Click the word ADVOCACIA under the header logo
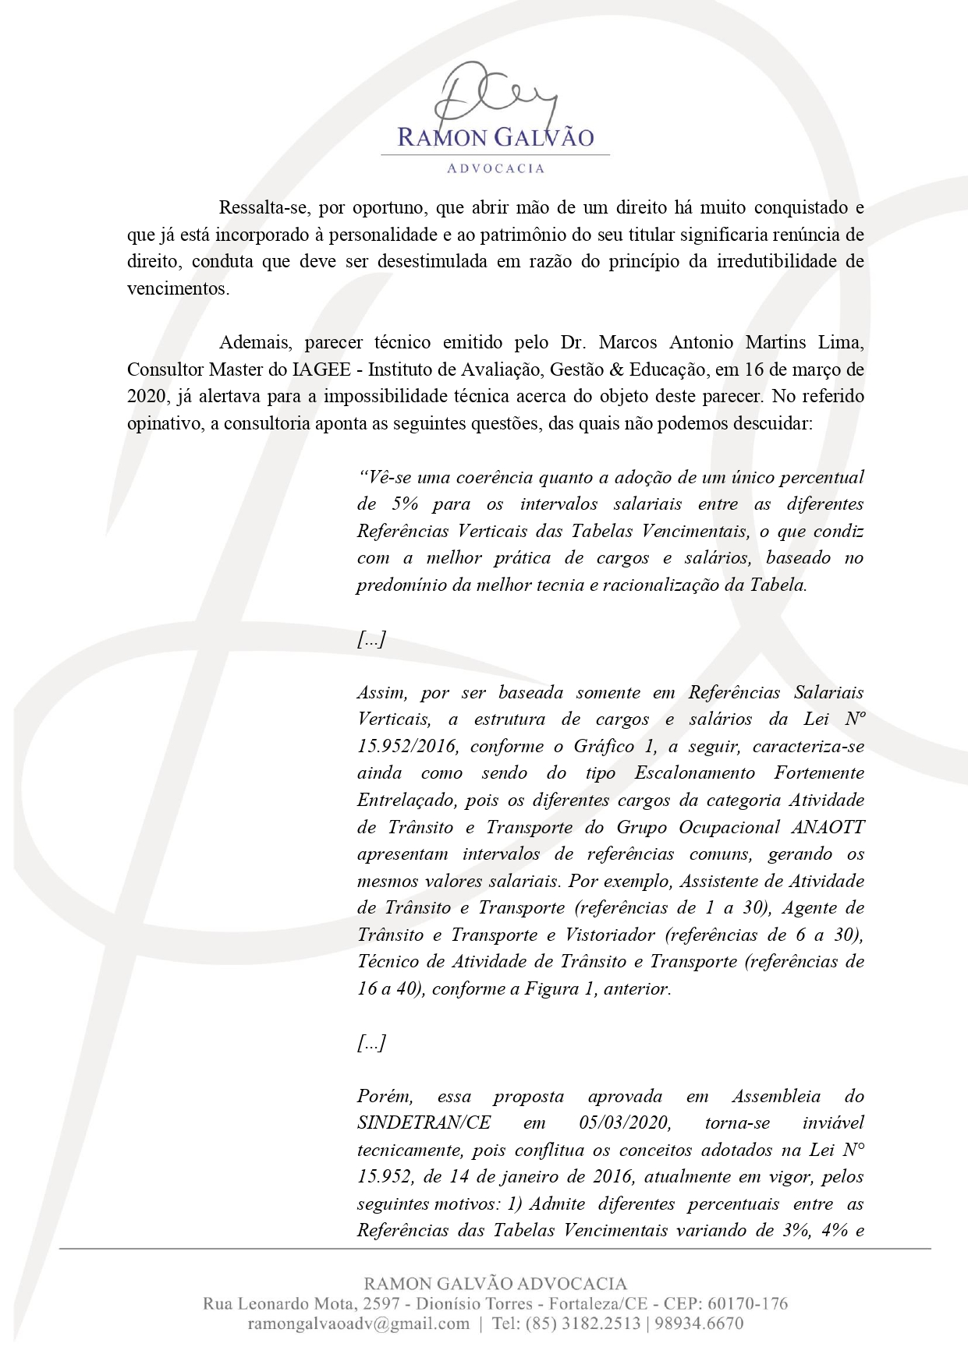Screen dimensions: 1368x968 tap(495, 168)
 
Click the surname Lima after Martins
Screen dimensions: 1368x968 tap(842, 342)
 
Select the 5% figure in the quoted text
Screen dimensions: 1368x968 tap(406, 504)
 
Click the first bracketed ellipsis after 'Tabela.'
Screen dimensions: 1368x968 tap(371, 640)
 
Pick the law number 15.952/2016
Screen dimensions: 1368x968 tap(406, 746)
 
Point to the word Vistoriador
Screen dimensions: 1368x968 tap(609, 935)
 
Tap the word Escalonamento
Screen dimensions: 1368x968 tap(694, 773)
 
